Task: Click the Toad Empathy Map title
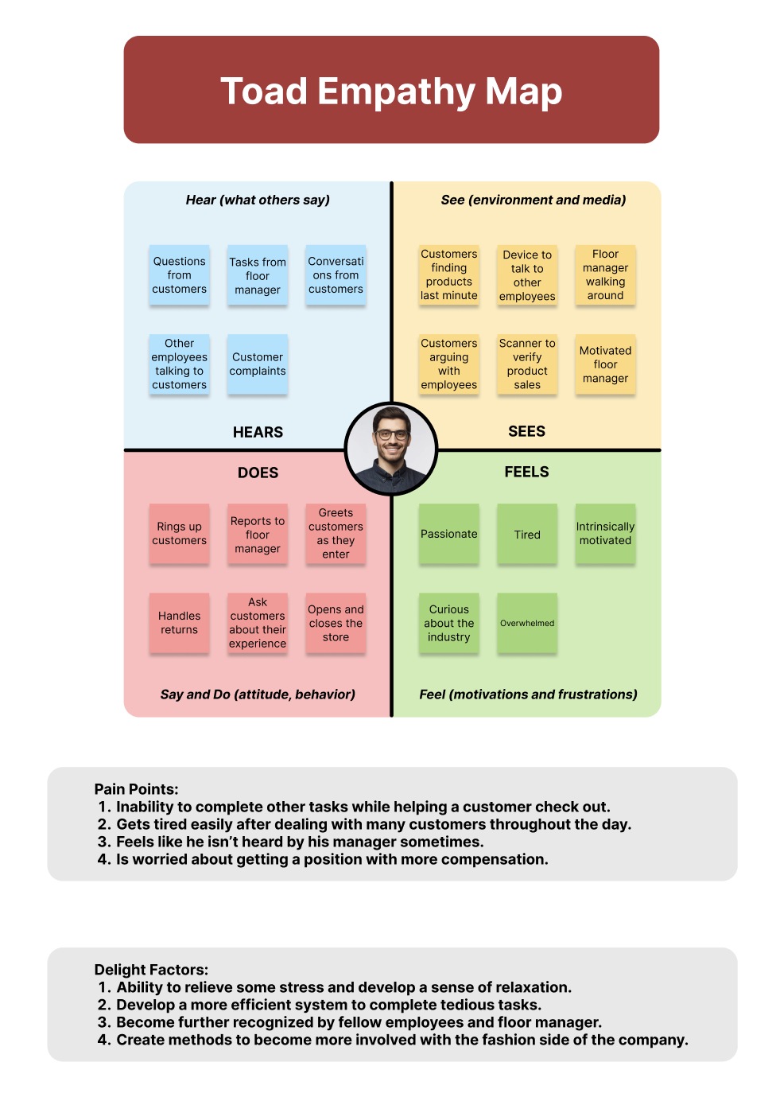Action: pyautogui.click(x=391, y=91)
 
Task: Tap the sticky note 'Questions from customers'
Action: pyautogui.click(x=180, y=275)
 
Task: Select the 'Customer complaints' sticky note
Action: pyautogui.click(x=258, y=364)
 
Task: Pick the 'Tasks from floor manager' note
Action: pyautogui.click(x=258, y=275)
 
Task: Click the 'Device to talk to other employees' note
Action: pyautogui.click(x=527, y=275)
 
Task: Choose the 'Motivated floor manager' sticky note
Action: pyautogui.click(x=605, y=364)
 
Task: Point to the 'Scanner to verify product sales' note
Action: pyautogui.click(x=527, y=364)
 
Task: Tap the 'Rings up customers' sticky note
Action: pyautogui.click(x=180, y=534)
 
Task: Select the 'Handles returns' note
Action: pyautogui.click(x=180, y=623)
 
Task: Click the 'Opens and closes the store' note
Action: pyautogui.click(x=336, y=623)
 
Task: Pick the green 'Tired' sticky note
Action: pyautogui.click(x=527, y=534)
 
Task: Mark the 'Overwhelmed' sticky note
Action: pyautogui.click(x=527, y=623)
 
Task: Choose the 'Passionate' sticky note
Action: pyautogui.click(x=449, y=534)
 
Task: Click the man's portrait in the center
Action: pyautogui.click(x=391, y=449)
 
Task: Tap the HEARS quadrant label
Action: pyautogui.click(x=258, y=432)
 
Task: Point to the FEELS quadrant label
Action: pyautogui.click(x=526, y=472)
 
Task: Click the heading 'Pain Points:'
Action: pyautogui.click(x=136, y=789)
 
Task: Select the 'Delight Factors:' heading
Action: pyautogui.click(x=151, y=970)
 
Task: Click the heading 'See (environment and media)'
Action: pyautogui.click(x=533, y=200)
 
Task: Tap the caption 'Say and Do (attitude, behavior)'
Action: pyautogui.click(x=258, y=694)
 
